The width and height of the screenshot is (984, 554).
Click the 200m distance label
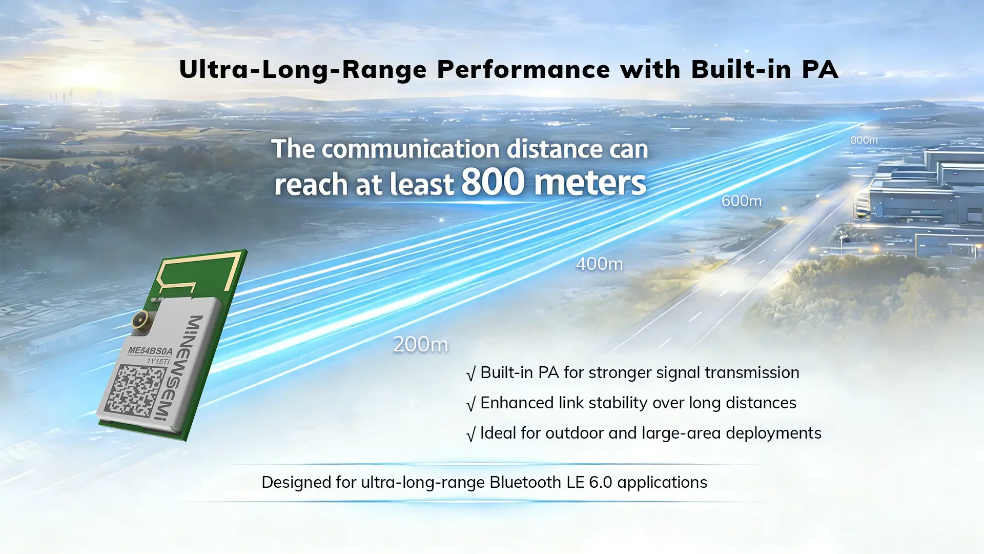coord(420,344)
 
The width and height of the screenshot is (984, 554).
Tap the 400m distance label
coord(600,264)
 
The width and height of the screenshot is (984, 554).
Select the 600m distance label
coord(742,201)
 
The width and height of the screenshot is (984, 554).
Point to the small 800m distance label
coord(864,140)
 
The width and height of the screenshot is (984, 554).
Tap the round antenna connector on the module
coord(140,321)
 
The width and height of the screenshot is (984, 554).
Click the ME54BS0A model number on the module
coord(150,351)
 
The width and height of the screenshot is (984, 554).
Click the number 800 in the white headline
coord(493,182)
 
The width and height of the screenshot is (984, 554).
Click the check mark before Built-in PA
coord(471,373)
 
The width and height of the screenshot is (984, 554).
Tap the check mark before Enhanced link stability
coord(471,404)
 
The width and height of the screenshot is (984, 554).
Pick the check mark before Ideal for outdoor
coord(471,434)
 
